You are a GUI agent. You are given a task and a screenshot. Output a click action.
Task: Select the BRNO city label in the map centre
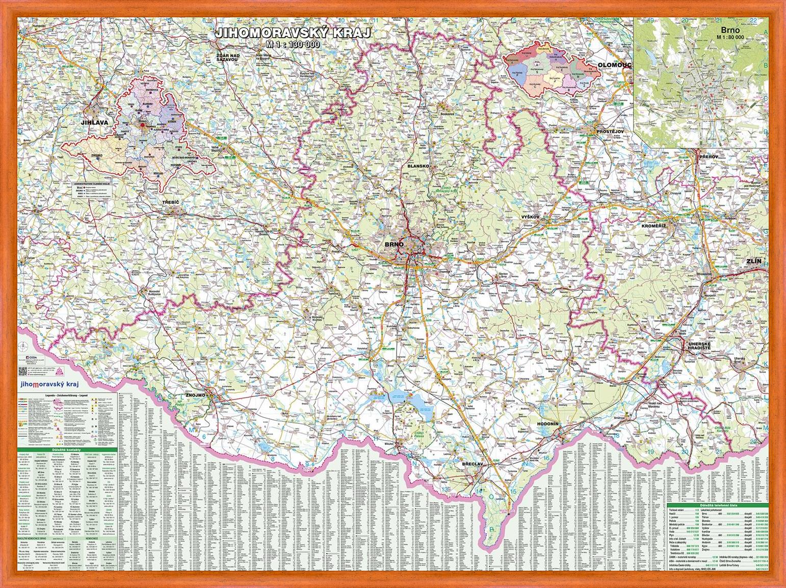point(394,245)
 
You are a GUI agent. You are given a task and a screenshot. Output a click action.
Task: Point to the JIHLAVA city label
point(92,122)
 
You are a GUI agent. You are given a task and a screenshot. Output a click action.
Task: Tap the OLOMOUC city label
point(614,65)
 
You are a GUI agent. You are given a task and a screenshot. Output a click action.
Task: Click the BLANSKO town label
point(419,166)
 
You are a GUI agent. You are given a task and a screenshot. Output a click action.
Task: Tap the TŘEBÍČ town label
point(170,202)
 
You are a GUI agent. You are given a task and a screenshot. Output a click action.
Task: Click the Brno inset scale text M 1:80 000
point(729,37)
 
